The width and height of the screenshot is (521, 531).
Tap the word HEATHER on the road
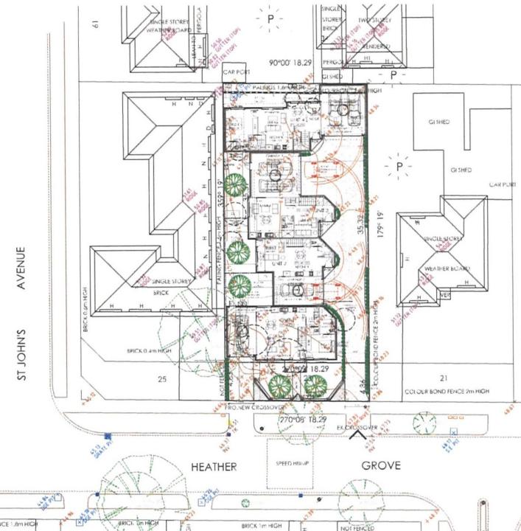(x=214, y=467)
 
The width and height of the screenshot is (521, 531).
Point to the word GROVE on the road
(x=381, y=465)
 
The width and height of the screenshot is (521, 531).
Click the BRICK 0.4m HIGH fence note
(x=150, y=350)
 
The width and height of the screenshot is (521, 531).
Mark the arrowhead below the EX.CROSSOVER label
(x=359, y=434)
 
